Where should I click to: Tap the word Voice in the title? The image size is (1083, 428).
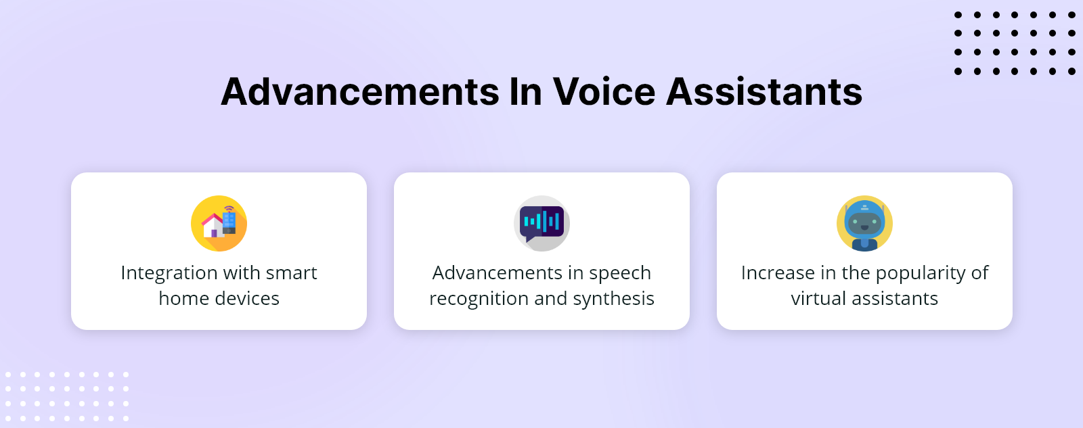604,92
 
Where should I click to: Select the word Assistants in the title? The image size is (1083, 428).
764,92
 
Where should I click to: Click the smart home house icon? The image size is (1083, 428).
219,223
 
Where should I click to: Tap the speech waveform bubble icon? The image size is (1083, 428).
541,223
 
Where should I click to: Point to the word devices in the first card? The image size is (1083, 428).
246,299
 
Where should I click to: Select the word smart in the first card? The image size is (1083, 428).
291,273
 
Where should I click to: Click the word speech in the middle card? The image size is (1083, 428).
620,273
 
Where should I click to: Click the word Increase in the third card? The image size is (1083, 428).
778,273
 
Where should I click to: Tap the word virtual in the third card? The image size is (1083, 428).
818,299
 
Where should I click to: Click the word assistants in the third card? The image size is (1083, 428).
894,299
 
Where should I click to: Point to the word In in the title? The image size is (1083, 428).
525,92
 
